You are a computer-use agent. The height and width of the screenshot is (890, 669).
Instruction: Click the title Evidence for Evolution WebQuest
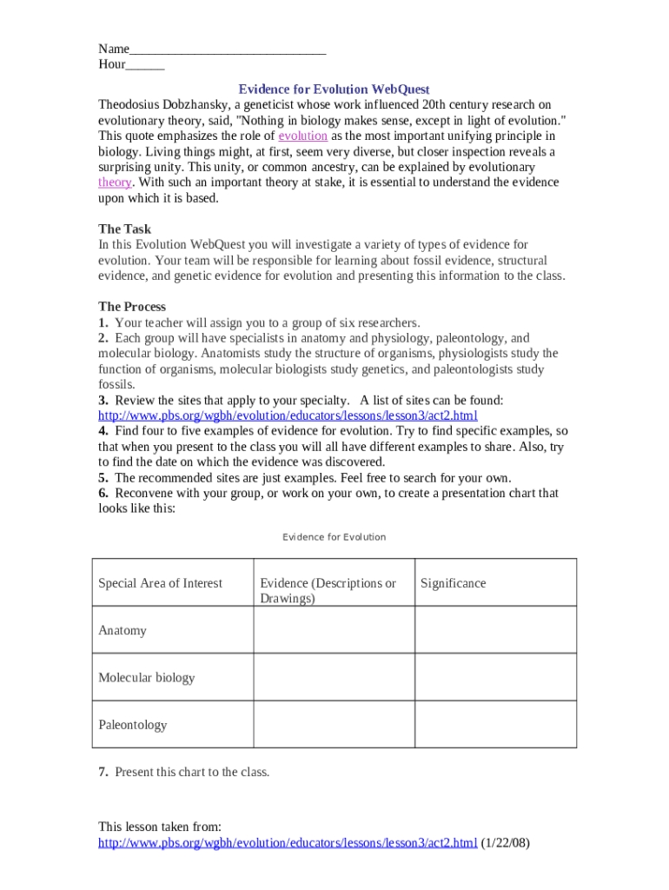(334, 90)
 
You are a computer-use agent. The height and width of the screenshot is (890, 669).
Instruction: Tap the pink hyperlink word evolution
(302, 136)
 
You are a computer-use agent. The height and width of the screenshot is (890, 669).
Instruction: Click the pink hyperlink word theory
(115, 183)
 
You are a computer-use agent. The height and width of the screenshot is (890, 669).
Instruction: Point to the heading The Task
(124, 229)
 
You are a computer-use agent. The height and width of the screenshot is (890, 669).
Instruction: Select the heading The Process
(132, 307)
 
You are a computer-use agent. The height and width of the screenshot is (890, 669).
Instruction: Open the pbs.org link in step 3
(288, 415)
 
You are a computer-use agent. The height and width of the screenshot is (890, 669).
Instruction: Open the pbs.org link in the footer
(288, 843)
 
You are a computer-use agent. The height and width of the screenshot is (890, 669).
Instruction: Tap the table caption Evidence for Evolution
(334, 537)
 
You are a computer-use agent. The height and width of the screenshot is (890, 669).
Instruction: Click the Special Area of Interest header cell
(160, 583)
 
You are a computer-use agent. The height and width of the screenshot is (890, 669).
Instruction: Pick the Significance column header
(453, 583)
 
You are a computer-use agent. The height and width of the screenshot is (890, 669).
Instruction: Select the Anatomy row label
(123, 630)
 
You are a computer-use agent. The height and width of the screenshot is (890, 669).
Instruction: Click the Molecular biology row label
(146, 677)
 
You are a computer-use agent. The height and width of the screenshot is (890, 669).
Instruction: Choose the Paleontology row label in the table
(132, 724)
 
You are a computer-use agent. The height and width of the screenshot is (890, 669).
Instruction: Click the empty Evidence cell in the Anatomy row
(334, 630)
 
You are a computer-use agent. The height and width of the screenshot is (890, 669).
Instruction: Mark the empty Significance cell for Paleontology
(495, 724)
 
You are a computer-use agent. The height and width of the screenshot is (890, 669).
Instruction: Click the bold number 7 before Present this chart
(103, 772)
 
